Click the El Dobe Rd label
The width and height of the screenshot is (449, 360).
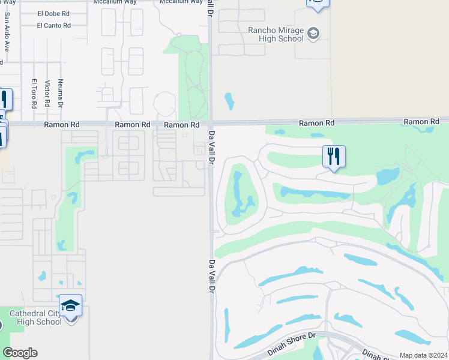coord(54,13)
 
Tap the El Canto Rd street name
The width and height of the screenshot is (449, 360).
coord(53,25)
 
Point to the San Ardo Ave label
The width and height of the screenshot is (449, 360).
coord(7,37)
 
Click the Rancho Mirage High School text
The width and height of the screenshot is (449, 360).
coord(276,34)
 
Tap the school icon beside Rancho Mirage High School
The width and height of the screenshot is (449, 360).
coord(313,34)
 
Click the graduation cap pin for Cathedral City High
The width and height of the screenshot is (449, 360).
coord(70,305)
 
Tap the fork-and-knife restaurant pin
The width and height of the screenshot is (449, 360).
coord(334,157)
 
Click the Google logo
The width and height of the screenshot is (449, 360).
coord(20,353)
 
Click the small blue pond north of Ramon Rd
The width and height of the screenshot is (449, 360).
coord(229,101)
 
